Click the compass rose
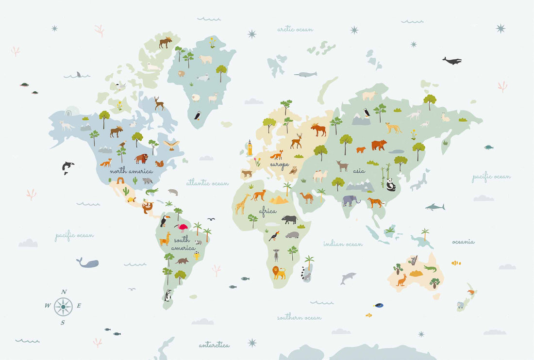pyautogui.click(x=63, y=307)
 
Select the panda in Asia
pyautogui.click(x=391, y=184)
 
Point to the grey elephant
pyautogui.click(x=350, y=200)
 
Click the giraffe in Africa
pyautogui.click(x=242, y=204)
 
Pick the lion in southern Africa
pyautogui.click(x=279, y=272)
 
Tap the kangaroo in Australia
pyautogui.click(x=401, y=280)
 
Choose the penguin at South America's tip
pyautogui.click(x=168, y=295)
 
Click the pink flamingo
pyautogui.click(x=183, y=227)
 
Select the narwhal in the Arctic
pyautogui.click(x=306, y=74)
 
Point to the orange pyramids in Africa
pyautogui.click(x=279, y=199)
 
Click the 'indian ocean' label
pyautogui.click(x=343, y=244)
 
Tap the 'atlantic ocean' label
pyautogui.click(x=207, y=183)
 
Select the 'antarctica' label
pyautogui.click(x=214, y=345)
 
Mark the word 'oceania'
pyautogui.click(x=463, y=242)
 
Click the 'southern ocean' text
pyautogui.click(x=299, y=317)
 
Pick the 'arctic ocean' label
pyautogui.click(x=295, y=30)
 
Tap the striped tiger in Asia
pyautogui.click(x=376, y=202)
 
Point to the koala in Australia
pyautogui.click(x=413, y=260)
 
